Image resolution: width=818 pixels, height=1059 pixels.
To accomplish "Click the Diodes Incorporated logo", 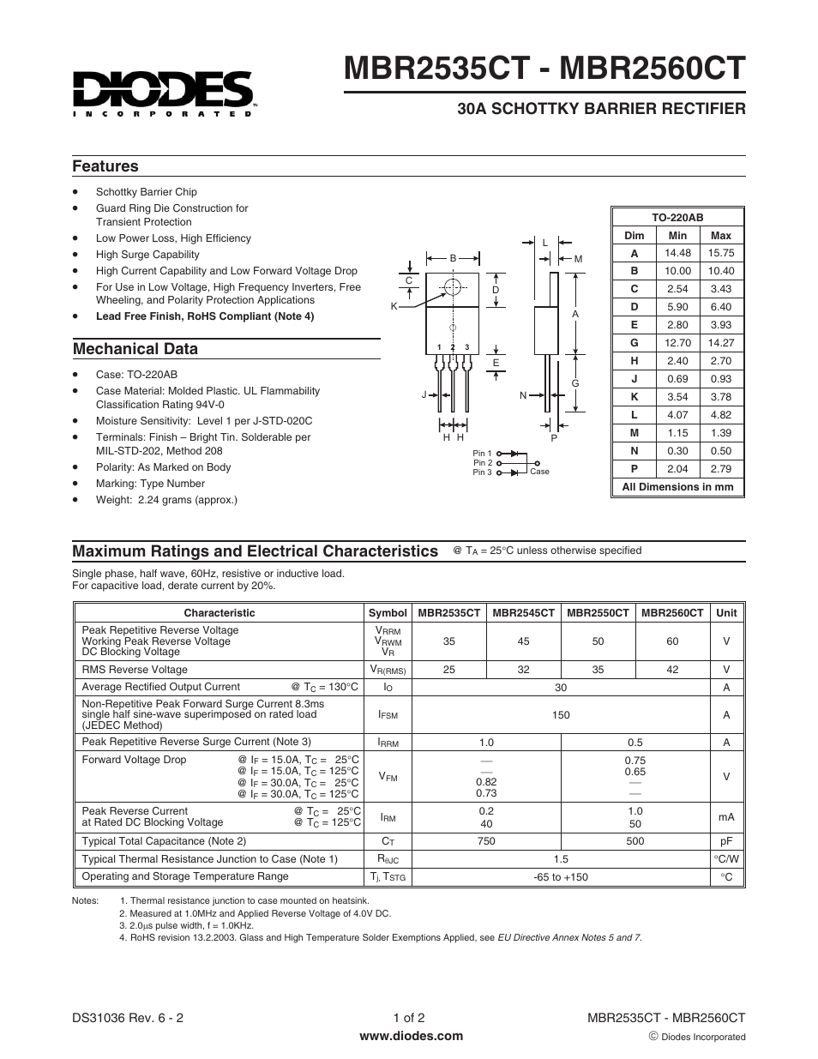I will [163, 92].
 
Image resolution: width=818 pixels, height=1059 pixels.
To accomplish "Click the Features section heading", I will [105, 166].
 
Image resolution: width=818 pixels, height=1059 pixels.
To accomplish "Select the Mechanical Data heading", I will [135, 349].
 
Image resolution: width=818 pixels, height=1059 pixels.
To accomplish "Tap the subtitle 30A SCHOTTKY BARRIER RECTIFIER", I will [601, 109].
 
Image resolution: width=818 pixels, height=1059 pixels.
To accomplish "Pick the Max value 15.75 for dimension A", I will [720, 253].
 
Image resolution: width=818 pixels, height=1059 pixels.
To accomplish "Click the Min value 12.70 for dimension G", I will [677, 343].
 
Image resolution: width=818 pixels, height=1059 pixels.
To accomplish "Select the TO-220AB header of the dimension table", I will [677, 218].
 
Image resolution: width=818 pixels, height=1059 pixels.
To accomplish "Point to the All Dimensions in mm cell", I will [677, 487].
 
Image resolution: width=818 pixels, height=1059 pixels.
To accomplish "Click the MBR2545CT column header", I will [523, 613].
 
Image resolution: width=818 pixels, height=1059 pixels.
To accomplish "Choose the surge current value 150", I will [561, 715].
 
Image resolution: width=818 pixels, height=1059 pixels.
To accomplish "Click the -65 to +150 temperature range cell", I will [561, 877].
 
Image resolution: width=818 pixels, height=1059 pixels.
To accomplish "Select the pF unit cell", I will [726, 842].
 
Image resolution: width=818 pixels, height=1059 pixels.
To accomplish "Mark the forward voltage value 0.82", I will [486, 782].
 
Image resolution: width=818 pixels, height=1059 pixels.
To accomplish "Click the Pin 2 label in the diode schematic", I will [482, 463].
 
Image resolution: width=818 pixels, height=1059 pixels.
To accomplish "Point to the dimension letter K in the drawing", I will [394, 306].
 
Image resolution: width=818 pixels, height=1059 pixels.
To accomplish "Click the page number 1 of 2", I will [409, 1018].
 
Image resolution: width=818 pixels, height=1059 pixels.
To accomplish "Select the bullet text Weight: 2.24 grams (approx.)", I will [166, 500].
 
